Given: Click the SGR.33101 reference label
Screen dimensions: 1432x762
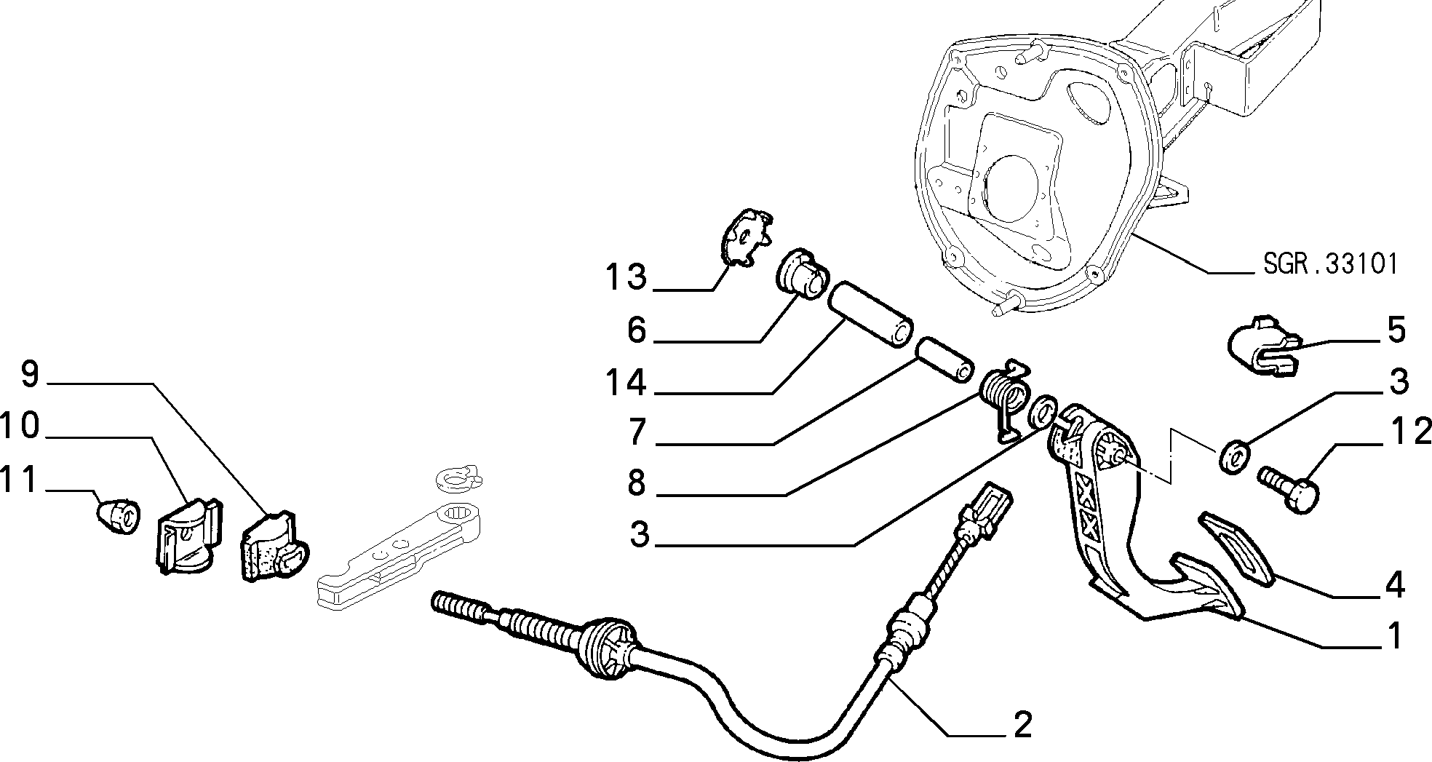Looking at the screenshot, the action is [x=1330, y=263].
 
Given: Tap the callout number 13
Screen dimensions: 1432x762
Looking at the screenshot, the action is [x=626, y=277].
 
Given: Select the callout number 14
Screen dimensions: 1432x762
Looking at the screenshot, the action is [x=626, y=382].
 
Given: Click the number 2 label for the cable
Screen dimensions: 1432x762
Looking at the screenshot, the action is [x=1022, y=725].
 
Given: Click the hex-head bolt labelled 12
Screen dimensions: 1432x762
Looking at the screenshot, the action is [x=1289, y=490].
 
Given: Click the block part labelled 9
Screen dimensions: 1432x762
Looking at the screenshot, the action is [x=274, y=547].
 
